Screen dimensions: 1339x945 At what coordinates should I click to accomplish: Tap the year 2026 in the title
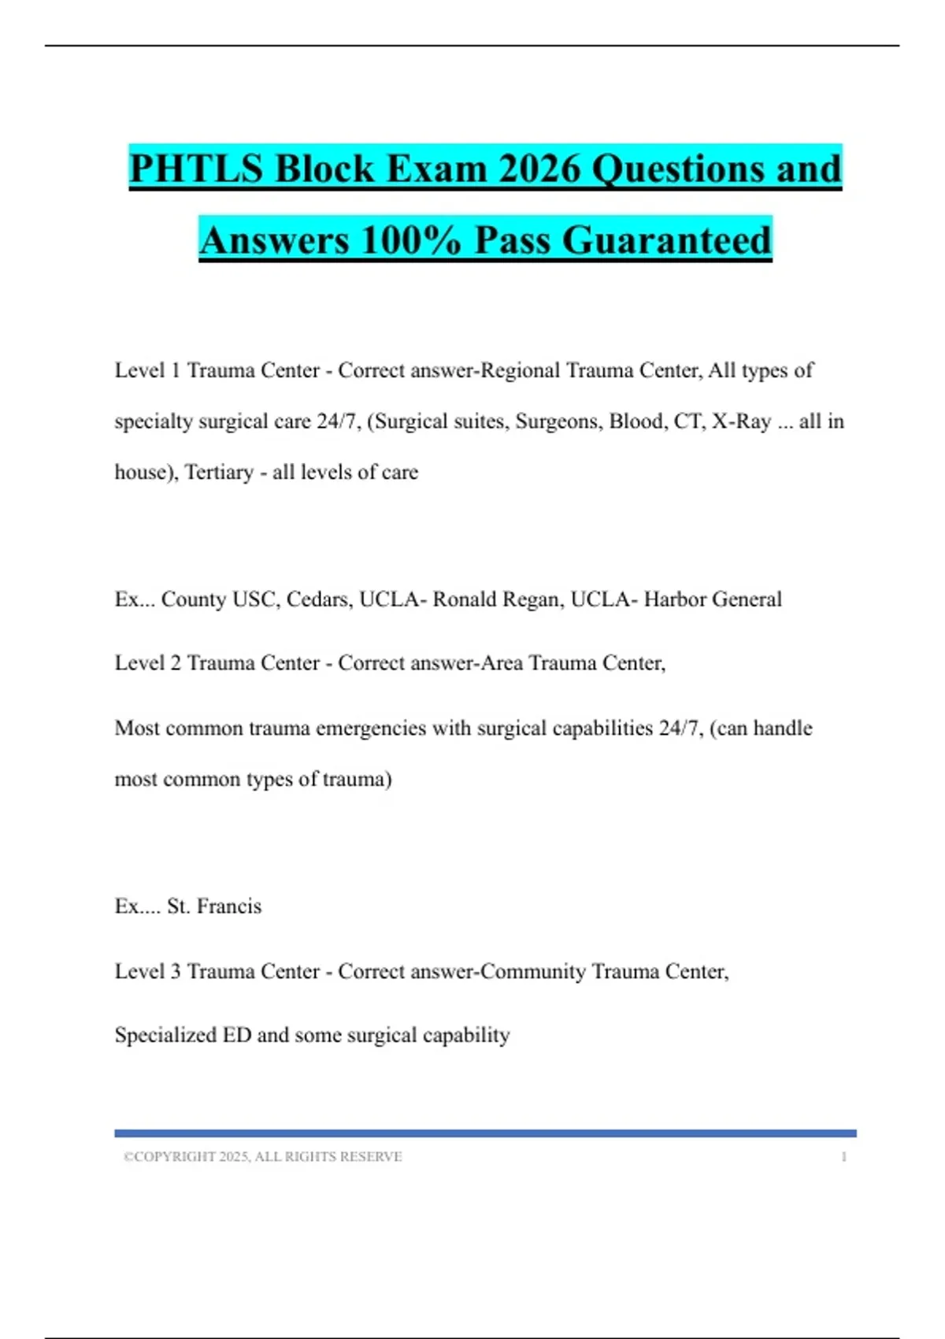coord(540,169)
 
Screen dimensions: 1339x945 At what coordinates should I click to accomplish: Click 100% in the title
coord(410,239)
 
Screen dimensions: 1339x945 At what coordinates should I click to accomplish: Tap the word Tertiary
coord(219,473)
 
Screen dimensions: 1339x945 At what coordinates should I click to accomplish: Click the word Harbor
coord(675,599)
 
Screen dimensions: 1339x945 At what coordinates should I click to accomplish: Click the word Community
coord(533,971)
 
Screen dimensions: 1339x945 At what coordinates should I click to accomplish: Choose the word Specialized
coord(165,1035)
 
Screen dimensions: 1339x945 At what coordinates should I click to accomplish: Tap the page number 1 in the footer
coord(843,1157)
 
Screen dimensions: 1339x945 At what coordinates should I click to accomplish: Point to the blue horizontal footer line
coord(485,1133)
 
